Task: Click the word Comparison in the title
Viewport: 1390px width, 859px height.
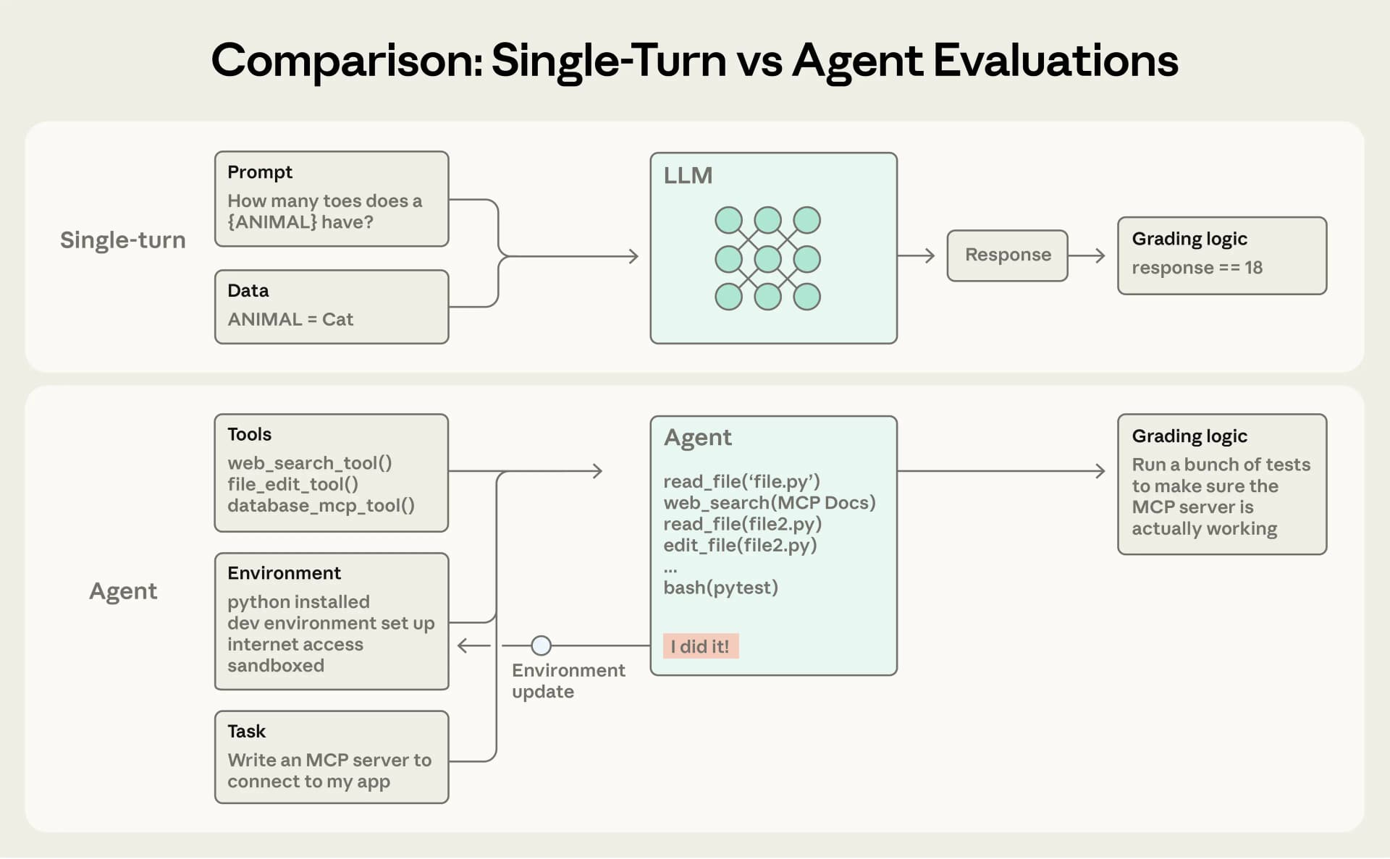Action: coord(346,61)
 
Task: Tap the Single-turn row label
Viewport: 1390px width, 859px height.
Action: coord(122,240)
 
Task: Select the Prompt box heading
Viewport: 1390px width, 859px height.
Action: coord(259,172)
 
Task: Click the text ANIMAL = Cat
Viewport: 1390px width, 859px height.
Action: coord(290,319)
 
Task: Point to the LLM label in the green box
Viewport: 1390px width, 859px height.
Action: coord(688,176)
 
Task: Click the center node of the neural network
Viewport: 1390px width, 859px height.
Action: coord(767,258)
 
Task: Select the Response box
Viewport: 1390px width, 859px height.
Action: coord(1007,255)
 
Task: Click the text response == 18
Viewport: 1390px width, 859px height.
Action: coord(1197,268)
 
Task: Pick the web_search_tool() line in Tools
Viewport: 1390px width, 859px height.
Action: coord(309,463)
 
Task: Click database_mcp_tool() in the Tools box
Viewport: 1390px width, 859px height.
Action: coord(321,506)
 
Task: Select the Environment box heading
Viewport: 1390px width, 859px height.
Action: coord(284,573)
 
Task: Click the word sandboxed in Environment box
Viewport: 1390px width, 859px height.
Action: coord(275,666)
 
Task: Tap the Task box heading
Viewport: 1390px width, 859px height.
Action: coord(246,732)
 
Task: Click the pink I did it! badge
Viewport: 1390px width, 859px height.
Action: coord(700,646)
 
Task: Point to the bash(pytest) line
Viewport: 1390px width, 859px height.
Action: coord(720,588)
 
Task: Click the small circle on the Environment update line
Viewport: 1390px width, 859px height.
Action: coord(541,645)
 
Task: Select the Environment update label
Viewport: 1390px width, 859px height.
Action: coord(568,681)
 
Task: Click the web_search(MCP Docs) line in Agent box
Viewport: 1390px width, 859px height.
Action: coord(769,503)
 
